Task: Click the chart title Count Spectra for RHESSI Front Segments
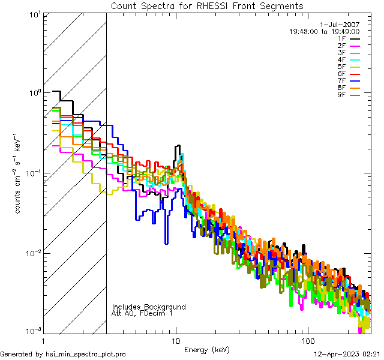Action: pos(207,5)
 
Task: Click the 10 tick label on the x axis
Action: pos(176,340)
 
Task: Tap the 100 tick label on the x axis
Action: pos(307,340)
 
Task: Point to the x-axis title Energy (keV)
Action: pos(206,349)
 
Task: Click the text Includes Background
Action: pos(149,307)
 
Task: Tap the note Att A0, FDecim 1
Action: pos(142,314)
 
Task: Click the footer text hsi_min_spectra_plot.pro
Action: pos(86,355)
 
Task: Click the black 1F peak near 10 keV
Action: pos(178,146)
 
